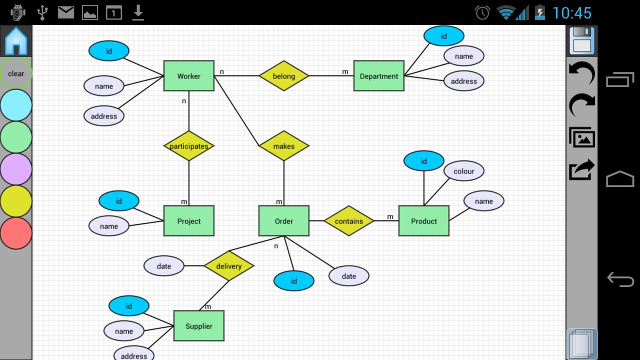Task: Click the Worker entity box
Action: pos(188,76)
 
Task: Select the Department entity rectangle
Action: pos(378,76)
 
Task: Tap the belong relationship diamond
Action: pos(283,76)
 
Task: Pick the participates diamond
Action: pos(188,146)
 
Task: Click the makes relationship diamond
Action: pos(283,146)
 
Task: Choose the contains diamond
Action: pos(348,221)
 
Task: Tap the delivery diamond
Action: pos(228,266)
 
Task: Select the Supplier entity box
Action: pos(198,326)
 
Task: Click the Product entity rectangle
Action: pos(423,221)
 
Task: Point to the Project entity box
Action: pos(188,221)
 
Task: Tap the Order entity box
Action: pos(283,221)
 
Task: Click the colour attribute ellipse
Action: pos(463,171)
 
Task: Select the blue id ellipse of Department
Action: pos(443,36)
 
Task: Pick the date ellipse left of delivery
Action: pos(163,266)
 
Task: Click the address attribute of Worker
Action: pos(103,116)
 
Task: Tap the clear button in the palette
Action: pos(16,73)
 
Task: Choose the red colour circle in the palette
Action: pos(16,233)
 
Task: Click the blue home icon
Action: pos(16,41)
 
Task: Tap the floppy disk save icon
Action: pos(582,41)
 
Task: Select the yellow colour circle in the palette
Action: pos(16,201)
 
